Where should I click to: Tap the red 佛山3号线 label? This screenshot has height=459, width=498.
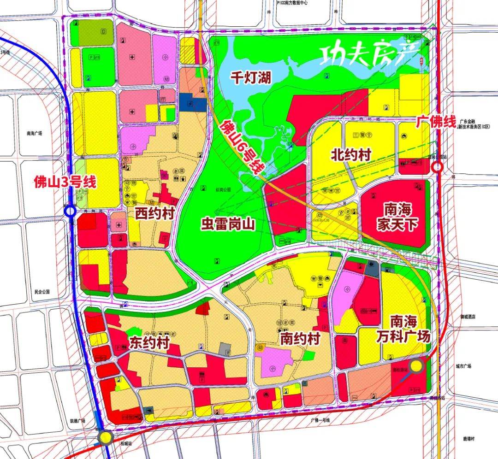click(65, 182)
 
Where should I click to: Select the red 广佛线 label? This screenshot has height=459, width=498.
click(436, 122)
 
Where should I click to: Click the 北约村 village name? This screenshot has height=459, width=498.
click(351, 154)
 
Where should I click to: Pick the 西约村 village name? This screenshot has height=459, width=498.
click(154, 214)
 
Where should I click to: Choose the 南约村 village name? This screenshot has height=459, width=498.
click(300, 340)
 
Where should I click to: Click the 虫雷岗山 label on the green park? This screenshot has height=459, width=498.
click(227, 224)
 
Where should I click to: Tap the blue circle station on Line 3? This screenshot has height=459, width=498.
click(70, 211)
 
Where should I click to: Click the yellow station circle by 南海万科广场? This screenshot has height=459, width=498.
click(417, 366)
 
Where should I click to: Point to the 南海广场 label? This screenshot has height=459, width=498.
click(34, 133)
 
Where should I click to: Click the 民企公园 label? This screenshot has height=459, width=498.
click(41, 292)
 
